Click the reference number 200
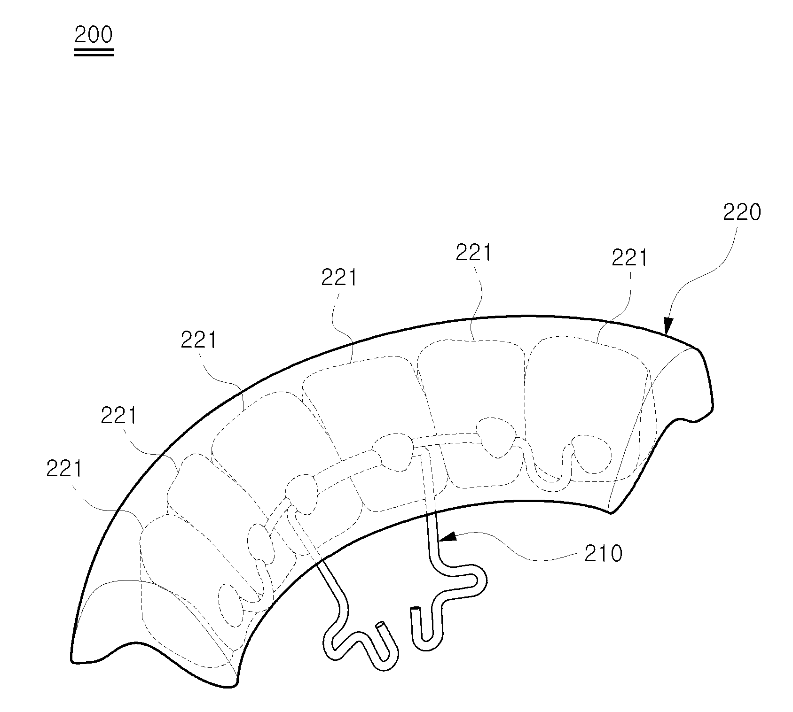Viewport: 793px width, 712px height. pos(94,35)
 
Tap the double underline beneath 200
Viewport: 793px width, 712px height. pos(94,52)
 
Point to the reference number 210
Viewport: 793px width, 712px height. pos(604,554)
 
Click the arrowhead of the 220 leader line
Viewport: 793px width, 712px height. pos(668,325)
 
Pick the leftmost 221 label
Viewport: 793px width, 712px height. pos(64,469)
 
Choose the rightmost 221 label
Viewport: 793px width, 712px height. pos(629,258)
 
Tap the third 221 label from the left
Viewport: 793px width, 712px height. pos(198,341)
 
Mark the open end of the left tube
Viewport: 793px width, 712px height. pos(380,626)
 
